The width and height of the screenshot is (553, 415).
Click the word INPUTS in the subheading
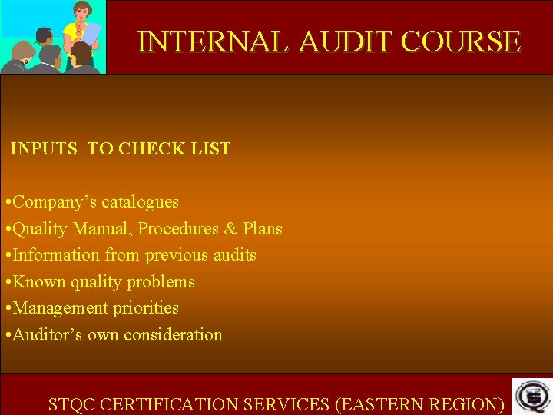(44, 149)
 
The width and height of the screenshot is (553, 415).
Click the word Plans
(263, 229)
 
